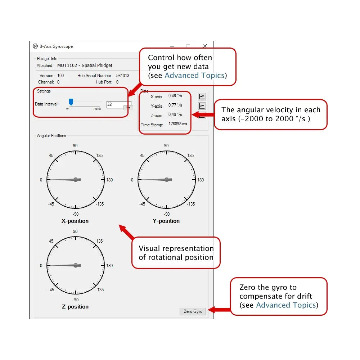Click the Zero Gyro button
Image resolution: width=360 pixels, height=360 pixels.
[193, 311]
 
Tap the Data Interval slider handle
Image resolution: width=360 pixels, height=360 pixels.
[71, 102]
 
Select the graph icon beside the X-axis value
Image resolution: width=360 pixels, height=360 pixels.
[202, 96]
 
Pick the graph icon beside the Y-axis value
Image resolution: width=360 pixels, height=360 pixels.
[202, 106]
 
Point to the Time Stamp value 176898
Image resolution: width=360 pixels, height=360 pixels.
[175, 124]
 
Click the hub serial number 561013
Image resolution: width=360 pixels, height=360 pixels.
[122, 76]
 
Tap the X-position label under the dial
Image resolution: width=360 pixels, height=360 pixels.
[75, 221]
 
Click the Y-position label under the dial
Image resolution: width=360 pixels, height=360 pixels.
[166, 221]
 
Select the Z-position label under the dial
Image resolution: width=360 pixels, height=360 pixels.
[75, 307]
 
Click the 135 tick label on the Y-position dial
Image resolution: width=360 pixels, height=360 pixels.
[190, 156]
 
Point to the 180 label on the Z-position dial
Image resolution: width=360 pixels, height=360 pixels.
[109, 266]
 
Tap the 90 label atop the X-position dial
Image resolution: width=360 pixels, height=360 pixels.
[75, 146]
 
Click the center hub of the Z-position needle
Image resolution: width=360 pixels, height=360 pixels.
[76, 265]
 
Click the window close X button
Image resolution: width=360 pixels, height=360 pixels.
[205, 46]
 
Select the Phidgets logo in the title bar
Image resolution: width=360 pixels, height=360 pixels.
[35, 46]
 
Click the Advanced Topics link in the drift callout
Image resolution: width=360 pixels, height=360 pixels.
[286, 305]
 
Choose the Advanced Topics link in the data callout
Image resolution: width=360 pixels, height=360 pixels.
[194, 76]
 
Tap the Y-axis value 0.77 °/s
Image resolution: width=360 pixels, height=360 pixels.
[175, 105]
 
